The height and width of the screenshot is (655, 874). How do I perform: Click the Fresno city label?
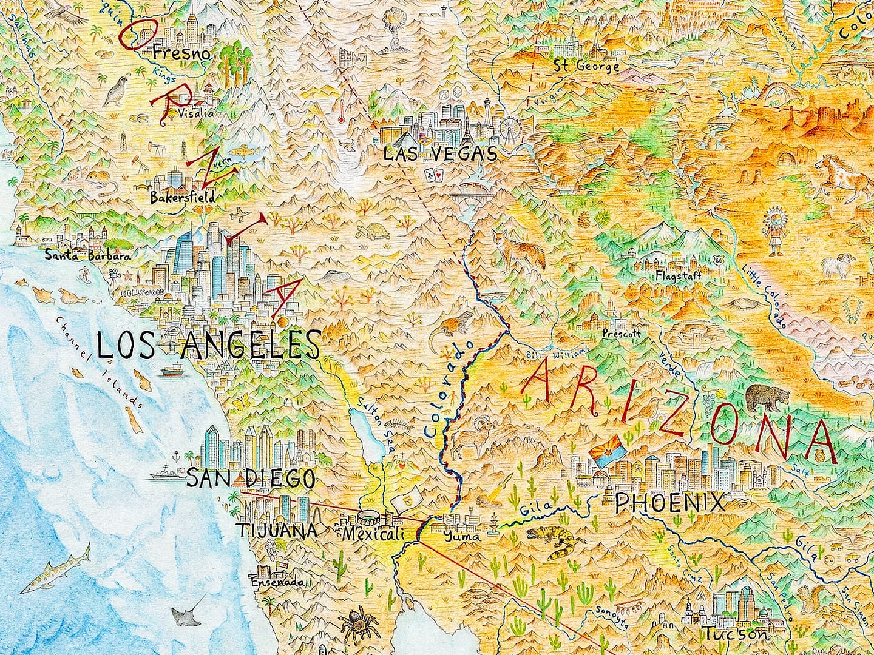[181, 54]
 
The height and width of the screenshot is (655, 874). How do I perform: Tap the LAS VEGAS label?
[440, 154]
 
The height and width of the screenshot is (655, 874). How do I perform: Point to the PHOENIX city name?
[669, 503]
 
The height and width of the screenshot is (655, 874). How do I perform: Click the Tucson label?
[735, 635]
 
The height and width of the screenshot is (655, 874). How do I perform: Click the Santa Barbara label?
[88, 255]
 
